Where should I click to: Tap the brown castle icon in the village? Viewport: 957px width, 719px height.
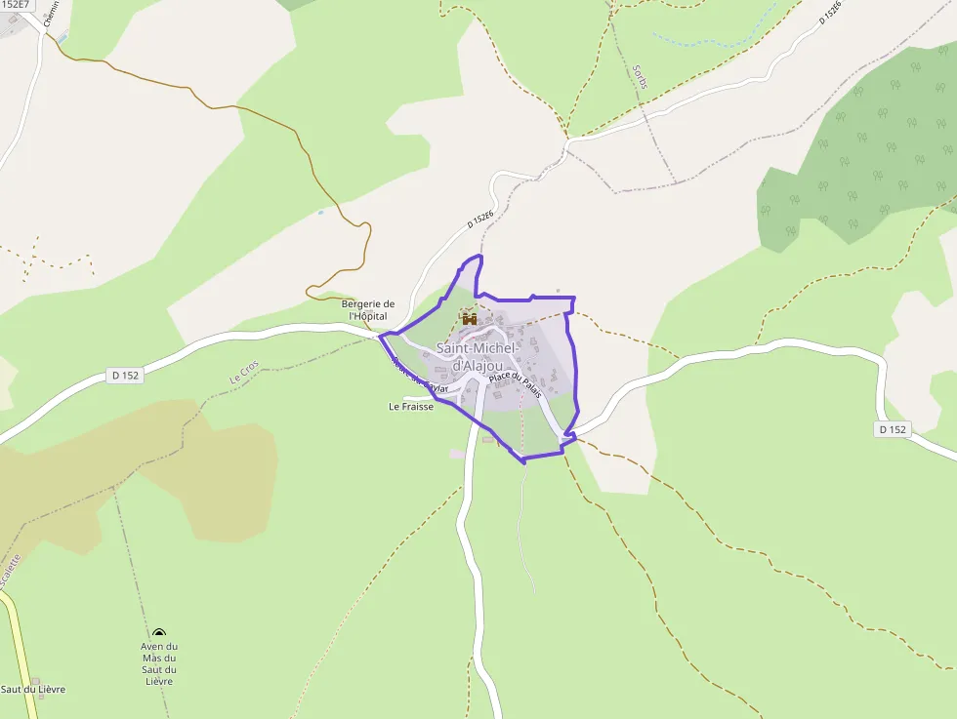click(x=469, y=317)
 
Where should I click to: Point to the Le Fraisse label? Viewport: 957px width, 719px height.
click(x=411, y=407)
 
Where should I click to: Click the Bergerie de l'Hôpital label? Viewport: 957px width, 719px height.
click(x=368, y=310)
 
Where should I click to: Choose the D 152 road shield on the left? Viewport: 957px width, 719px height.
click(x=126, y=375)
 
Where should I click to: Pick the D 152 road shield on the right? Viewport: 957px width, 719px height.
click(x=893, y=429)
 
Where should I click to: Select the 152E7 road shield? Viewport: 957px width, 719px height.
click(x=16, y=5)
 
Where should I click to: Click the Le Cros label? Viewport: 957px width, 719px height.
click(x=244, y=373)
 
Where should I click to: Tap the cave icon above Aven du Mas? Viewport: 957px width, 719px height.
click(x=159, y=633)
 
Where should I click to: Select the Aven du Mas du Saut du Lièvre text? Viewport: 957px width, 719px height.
click(x=159, y=663)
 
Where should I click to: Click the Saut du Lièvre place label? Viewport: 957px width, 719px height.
click(x=33, y=690)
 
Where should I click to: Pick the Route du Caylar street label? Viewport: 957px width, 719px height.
click(x=419, y=376)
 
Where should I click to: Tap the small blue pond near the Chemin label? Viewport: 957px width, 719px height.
click(x=62, y=38)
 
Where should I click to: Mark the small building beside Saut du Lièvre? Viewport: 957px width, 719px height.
click(x=36, y=680)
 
